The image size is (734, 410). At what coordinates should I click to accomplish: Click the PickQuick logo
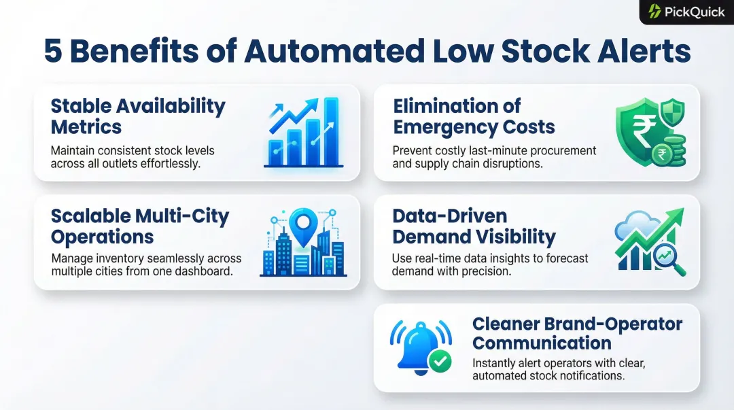click(686, 12)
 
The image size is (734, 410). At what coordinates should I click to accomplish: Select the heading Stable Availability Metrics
click(137, 116)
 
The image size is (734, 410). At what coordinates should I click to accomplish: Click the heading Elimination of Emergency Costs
click(474, 116)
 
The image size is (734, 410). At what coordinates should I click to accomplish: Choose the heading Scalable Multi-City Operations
click(140, 226)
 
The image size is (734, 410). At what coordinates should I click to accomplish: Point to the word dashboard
click(204, 271)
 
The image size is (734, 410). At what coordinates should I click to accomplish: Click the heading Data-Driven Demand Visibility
click(474, 226)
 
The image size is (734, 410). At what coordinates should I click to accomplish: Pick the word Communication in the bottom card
click(542, 343)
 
